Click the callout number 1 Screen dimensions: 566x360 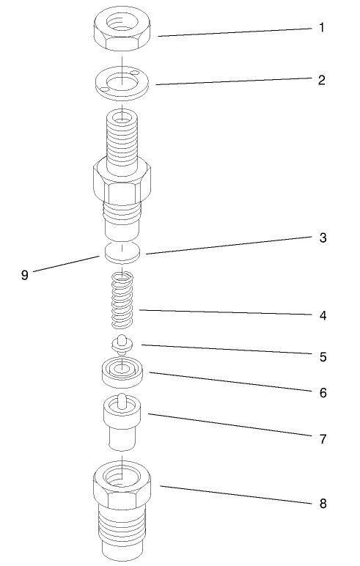(321, 28)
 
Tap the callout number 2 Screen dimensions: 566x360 (321, 79)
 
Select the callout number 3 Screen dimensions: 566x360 (321, 238)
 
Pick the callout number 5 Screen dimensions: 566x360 (321, 357)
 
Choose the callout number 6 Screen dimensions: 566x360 (321, 392)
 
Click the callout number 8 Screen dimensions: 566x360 (321, 504)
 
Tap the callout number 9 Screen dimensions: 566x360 (24, 276)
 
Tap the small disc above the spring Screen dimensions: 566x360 (122, 251)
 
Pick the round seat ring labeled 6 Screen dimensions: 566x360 (122, 372)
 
